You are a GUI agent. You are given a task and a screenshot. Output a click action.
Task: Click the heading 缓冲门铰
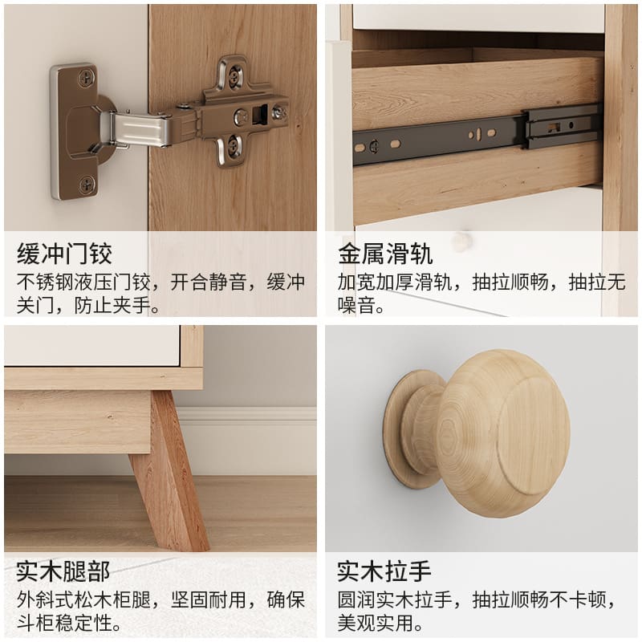tap(64, 254)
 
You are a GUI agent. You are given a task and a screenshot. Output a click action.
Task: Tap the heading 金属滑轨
tap(385, 254)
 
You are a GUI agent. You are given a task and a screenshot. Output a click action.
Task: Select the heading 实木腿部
tap(63, 571)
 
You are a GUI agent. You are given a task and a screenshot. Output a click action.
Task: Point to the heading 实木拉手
tap(384, 571)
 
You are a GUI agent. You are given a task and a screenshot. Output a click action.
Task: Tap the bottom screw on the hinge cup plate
tap(87, 185)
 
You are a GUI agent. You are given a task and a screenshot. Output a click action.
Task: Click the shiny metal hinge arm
tap(141, 129)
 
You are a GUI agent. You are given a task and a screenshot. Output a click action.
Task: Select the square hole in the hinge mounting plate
tap(260, 113)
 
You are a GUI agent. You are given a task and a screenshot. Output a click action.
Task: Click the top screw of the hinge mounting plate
tap(234, 78)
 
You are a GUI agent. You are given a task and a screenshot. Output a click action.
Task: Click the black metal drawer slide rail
tap(477, 133)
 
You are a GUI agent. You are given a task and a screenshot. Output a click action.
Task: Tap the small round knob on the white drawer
tap(461, 241)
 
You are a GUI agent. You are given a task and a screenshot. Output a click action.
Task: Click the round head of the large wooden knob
tap(503, 433)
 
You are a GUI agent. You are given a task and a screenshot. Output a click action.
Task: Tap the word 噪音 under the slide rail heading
tap(356, 305)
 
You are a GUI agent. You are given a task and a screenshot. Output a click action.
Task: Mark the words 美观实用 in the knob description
tap(376, 624)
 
